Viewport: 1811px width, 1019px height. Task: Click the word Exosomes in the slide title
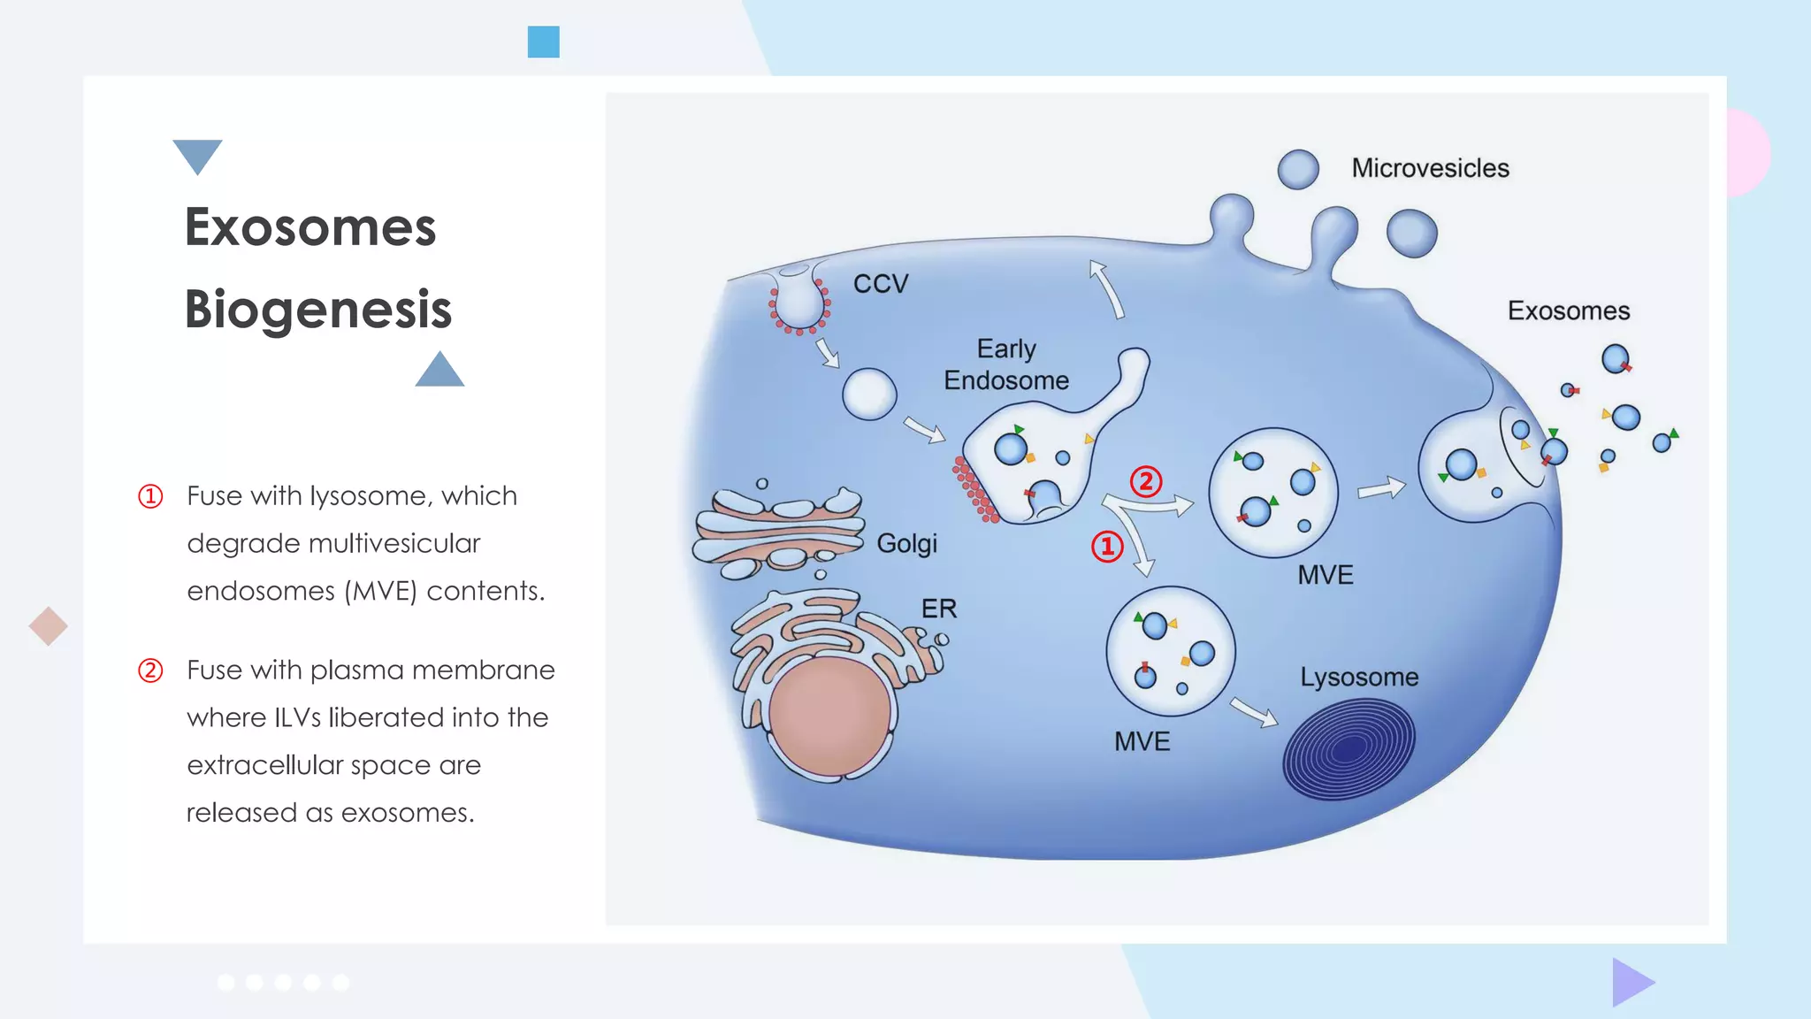pos(309,226)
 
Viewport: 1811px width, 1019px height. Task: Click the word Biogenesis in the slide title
pos(317,309)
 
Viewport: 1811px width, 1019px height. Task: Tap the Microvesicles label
pos(1430,168)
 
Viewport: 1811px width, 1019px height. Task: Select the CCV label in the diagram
pos(880,284)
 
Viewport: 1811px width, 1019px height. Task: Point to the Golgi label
pos(906,543)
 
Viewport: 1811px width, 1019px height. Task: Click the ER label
pos(938,609)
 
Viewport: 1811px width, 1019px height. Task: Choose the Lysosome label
pos(1358,678)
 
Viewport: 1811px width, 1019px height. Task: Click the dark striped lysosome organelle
pos(1349,748)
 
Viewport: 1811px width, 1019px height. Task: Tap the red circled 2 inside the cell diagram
pos(1146,481)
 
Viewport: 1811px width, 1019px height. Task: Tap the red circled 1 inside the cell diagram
pos(1107,546)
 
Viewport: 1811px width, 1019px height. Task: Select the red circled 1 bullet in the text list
pos(150,496)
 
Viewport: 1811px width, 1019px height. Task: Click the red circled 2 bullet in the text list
pos(150,670)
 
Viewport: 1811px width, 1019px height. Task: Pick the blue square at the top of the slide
pos(543,42)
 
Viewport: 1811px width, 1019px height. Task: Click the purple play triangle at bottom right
pos(1631,982)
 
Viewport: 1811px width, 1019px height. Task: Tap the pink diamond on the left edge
pos(48,626)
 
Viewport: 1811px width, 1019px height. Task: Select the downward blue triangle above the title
pos(197,155)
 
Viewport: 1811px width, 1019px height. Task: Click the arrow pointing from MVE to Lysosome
pos(1254,712)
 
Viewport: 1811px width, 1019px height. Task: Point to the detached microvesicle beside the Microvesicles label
pos(1298,169)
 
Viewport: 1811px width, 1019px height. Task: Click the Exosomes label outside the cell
pos(1568,311)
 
